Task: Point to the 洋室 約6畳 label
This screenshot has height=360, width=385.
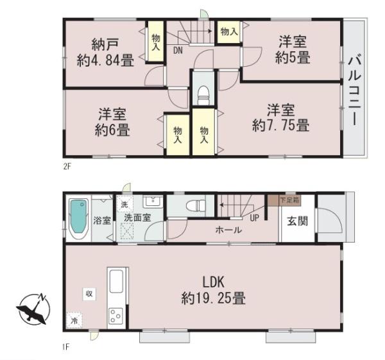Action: [112, 122]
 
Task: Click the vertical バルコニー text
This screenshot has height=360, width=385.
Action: [354, 90]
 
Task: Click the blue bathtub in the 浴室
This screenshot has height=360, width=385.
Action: [78, 218]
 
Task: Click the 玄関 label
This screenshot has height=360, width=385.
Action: [296, 222]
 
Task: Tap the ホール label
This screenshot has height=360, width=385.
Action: [228, 230]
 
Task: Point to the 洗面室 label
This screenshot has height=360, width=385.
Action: [137, 217]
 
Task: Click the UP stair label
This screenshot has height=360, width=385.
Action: [255, 218]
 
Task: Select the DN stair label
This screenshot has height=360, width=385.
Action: [178, 49]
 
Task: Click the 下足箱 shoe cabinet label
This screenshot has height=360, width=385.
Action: [288, 200]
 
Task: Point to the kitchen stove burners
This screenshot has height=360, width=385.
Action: [116, 315]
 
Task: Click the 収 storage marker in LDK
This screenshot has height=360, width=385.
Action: [89, 293]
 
